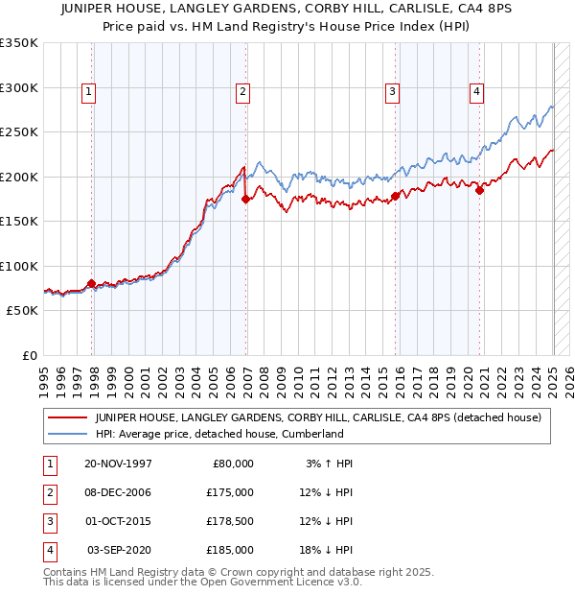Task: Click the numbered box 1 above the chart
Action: [x=88, y=92]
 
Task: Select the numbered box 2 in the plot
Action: [x=243, y=92]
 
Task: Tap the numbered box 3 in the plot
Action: [x=393, y=92]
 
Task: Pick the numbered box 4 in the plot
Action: [x=476, y=92]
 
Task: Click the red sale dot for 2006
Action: [x=246, y=200]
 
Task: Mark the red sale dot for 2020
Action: [x=480, y=190]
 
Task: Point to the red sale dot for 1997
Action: [x=92, y=283]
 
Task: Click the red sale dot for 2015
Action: [x=396, y=196]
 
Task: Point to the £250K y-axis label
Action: [x=19, y=132]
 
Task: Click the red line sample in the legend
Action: [x=68, y=417]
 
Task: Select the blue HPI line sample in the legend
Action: [x=68, y=434]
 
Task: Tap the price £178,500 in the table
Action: [x=231, y=521]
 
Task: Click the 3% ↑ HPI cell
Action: [x=330, y=463]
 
